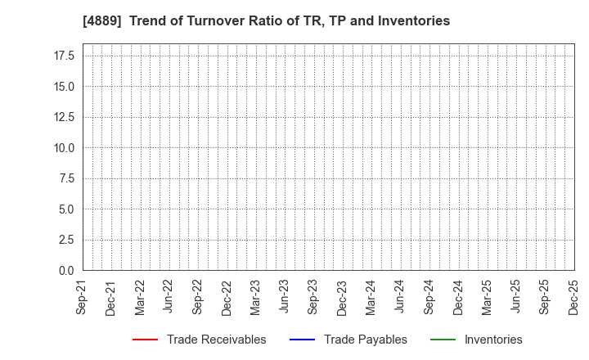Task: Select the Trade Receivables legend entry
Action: (216, 340)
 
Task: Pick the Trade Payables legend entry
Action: (365, 340)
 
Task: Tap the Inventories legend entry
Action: (493, 340)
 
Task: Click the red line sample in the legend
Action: (144, 340)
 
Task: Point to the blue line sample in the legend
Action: (301, 340)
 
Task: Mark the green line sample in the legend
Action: (442, 340)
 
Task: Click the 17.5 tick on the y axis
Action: (65, 56)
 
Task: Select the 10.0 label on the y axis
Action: (65, 148)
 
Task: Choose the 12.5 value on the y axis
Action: (65, 117)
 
